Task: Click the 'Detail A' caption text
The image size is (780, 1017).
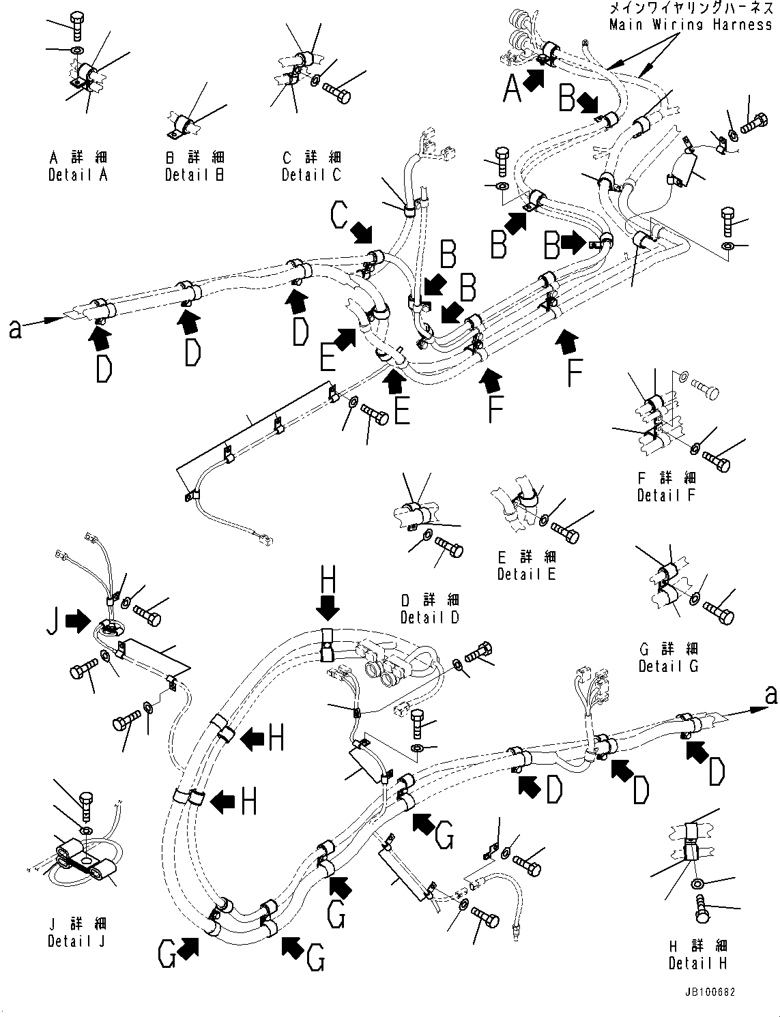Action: point(78,175)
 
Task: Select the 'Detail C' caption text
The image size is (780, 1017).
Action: point(311,175)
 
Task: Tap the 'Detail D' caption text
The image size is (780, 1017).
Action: point(430,618)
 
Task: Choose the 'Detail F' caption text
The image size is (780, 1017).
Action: point(666,496)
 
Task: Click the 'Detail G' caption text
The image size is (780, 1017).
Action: point(668,666)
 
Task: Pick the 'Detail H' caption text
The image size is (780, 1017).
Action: point(697,964)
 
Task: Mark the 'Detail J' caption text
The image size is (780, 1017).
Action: point(77,941)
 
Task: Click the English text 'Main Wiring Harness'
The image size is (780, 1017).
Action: point(691,25)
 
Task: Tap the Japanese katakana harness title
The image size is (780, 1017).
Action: point(691,10)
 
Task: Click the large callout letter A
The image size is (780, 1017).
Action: point(512,89)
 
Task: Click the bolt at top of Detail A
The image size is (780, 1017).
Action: point(77,27)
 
